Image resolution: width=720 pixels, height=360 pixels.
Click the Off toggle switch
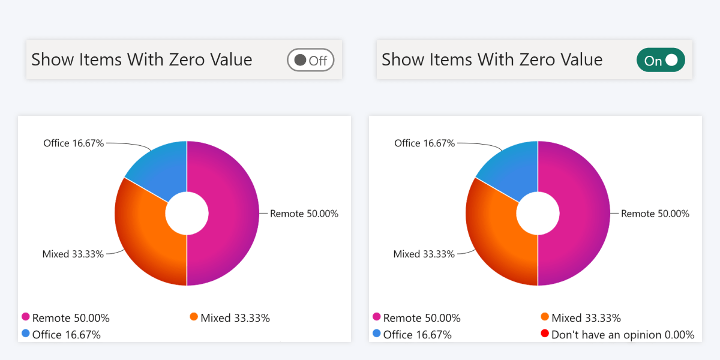310,60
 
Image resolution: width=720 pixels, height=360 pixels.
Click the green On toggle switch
660,60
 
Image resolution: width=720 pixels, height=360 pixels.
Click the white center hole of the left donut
187,213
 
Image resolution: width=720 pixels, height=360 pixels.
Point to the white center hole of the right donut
538,213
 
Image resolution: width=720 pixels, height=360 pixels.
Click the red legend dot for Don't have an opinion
545,334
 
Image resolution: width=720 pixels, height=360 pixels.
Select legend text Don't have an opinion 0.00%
623,335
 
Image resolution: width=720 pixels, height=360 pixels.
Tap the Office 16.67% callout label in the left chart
73,143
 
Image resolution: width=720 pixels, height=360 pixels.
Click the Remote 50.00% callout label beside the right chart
655,214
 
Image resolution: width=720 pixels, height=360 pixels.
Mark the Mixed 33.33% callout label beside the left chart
73,254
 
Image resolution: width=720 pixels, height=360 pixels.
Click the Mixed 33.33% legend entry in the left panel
235,318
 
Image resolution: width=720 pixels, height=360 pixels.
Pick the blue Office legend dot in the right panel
377,334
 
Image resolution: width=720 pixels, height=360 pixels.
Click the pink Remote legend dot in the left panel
26,317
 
